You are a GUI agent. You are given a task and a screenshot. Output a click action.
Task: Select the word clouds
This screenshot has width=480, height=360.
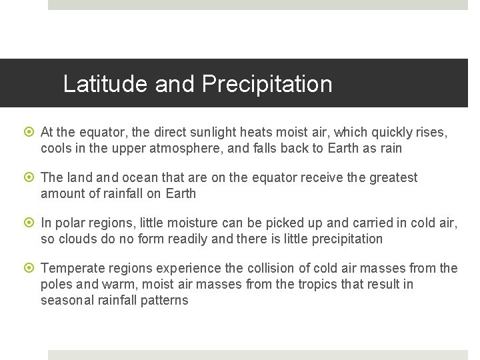point(79,239)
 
